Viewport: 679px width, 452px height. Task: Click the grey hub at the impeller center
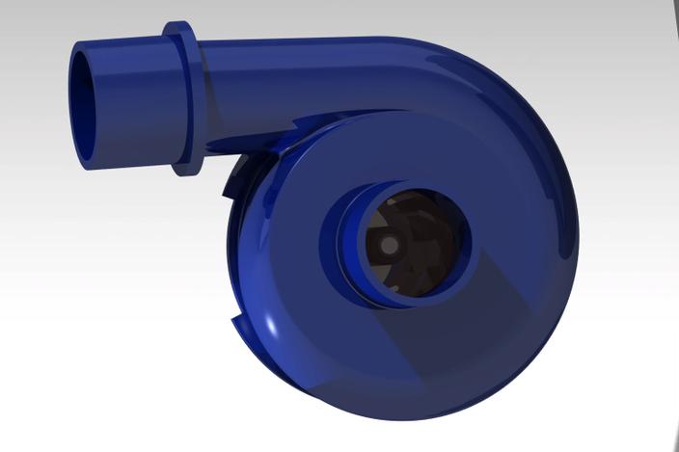coord(389,246)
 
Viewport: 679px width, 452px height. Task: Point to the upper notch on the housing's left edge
coord(233,178)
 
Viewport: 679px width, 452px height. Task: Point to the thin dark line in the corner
coord(671,29)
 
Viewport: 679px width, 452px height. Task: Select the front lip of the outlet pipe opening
coord(75,106)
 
